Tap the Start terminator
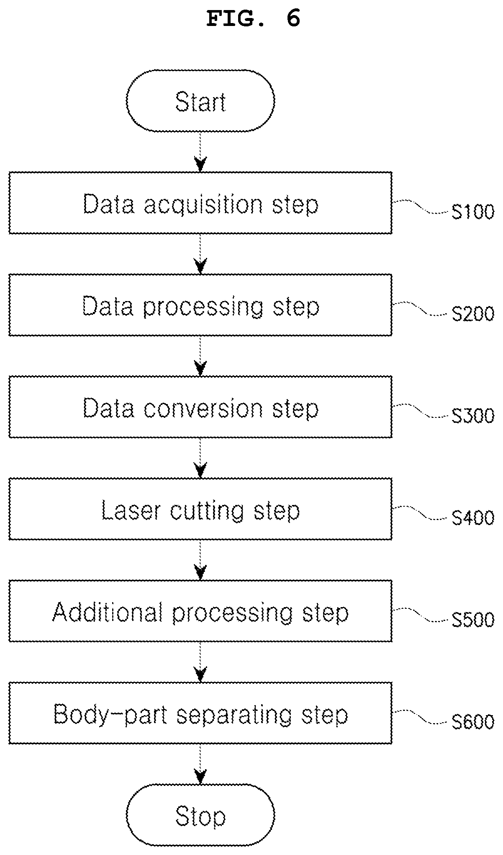pos(200,100)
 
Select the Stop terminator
pos(200,816)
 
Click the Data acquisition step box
pos(200,203)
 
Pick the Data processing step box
pos(200,305)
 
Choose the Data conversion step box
pos(200,407)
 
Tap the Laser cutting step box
pos(200,509)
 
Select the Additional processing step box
pos(200,611)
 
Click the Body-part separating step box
pos(200,713)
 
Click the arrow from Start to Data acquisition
pos(201,152)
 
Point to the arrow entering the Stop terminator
pos(201,765)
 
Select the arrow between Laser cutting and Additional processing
pos(201,560)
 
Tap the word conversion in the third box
pos(204,408)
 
